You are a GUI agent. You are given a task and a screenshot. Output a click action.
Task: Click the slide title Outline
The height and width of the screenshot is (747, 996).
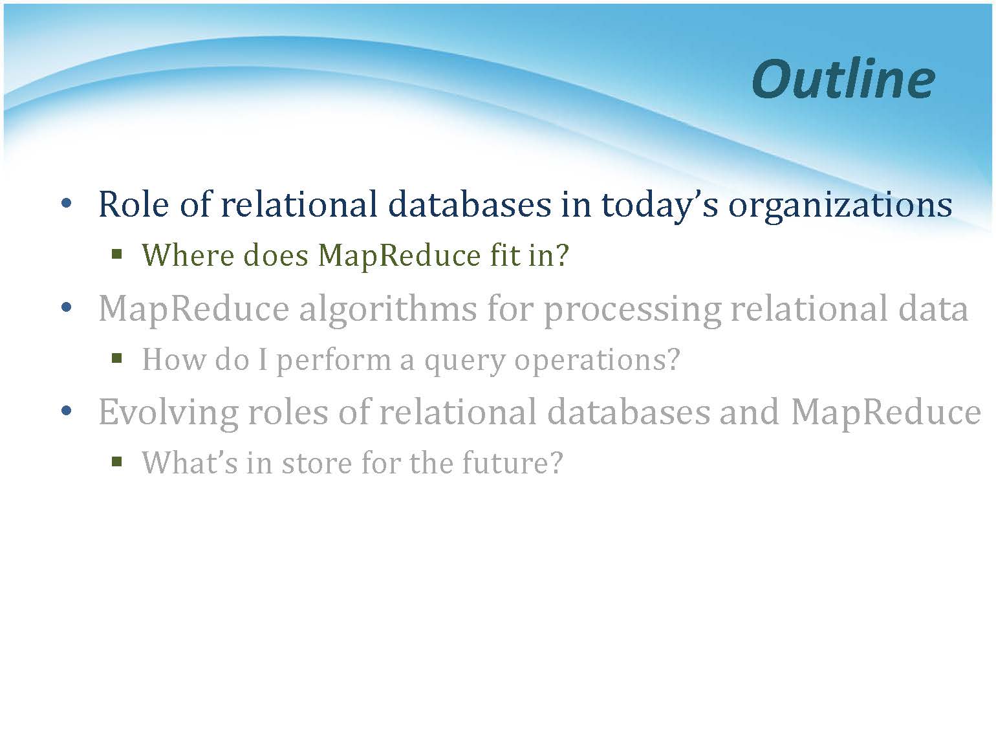click(x=843, y=80)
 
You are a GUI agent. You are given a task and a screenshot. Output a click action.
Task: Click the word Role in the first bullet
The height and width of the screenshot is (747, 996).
click(x=133, y=204)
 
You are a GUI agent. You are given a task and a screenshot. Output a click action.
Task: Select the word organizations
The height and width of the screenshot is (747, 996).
click(x=840, y=207)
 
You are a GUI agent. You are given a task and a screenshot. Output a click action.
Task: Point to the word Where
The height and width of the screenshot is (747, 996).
click(x=188, y=255)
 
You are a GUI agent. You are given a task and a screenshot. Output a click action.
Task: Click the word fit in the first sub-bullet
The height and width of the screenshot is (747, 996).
click(x=504, y=255)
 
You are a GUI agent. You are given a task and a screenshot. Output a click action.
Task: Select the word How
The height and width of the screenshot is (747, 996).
click(x=174, y=359)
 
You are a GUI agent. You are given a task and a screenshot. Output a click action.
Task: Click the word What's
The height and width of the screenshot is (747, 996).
click(x=189, y=462)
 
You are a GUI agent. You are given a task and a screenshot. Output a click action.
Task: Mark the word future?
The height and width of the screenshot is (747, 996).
click(x=512, y=463)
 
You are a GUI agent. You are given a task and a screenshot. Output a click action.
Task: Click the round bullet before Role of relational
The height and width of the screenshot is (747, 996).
click(x=67, y=204)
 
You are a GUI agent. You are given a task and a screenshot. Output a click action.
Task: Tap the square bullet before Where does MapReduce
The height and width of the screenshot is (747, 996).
click(x=117, y=254)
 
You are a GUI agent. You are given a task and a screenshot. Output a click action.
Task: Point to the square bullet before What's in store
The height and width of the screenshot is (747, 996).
click(x=117, y=462)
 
